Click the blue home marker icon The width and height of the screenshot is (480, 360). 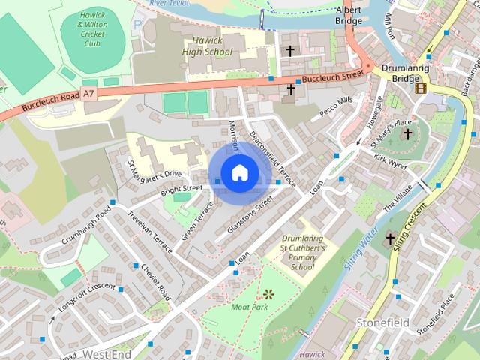[239, 173]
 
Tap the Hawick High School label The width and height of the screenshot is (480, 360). [208, 46]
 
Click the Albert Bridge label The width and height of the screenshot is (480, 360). [349, 15]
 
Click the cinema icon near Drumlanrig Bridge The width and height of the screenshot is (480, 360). [420, 88]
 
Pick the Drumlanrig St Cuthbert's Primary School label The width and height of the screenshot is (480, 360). [301, 253]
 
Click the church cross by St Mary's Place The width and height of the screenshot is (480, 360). [408, 135]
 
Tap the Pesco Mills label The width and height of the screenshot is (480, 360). [335, 109]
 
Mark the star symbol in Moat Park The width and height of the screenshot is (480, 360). [268, 293]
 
